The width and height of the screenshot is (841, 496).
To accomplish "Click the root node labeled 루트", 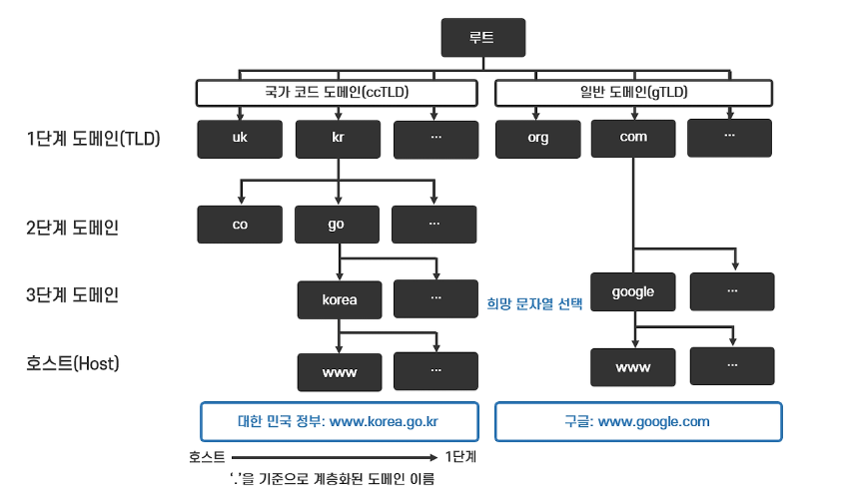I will pyautogui.click(x=482, y=40).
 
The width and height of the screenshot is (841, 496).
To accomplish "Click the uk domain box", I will pyautogui.click(x=240, y=139).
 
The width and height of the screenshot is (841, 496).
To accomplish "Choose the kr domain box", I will pyautogui.click(x=338, y=139).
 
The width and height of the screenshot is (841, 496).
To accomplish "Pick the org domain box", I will pyautogui.click(x=537, y=139).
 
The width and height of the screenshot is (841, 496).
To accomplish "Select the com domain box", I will pyautogui.click(x=633, y=138).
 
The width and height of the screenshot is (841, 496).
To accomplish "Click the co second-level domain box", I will pyautogui.click(x=240, y=225).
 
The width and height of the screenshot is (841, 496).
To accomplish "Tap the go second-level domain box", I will pyautogui.click(x=337, y=225).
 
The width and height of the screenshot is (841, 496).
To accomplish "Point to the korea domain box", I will pyautogui.click(x=340, y=298).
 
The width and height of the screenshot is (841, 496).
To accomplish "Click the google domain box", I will pyautogui.click(x=633, y=291).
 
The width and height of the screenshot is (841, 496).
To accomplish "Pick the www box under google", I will pyautogui.click(x=633, y=366).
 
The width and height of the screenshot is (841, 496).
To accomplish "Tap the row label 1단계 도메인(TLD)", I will pyautogui.click(x=93, y=139).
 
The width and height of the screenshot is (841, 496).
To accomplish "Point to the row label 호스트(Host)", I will pyautogui.click(x=73, y=363).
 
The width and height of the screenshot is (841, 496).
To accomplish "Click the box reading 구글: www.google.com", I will pyautogui.click(x=638, y=421).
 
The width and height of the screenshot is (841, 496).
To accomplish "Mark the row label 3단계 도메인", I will pyautogui.click(x=72, y=294).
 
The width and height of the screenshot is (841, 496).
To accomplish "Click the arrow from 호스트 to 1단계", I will pyautogui.click(x=335, y=458).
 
